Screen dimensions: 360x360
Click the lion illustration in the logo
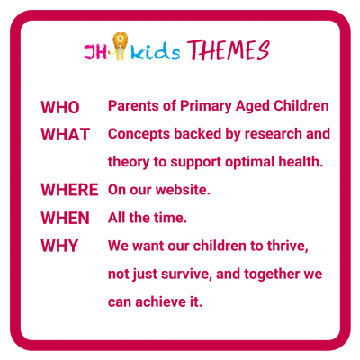point(120,46)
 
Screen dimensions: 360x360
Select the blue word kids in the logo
point(156,51)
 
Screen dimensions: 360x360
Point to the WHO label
point(60,107)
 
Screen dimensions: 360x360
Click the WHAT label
point(66,134)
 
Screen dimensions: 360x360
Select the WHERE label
point(69,190)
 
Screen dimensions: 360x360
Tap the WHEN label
point(66,218)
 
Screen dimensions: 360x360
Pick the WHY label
point(59,246)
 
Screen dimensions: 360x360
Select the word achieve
point(160,301)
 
